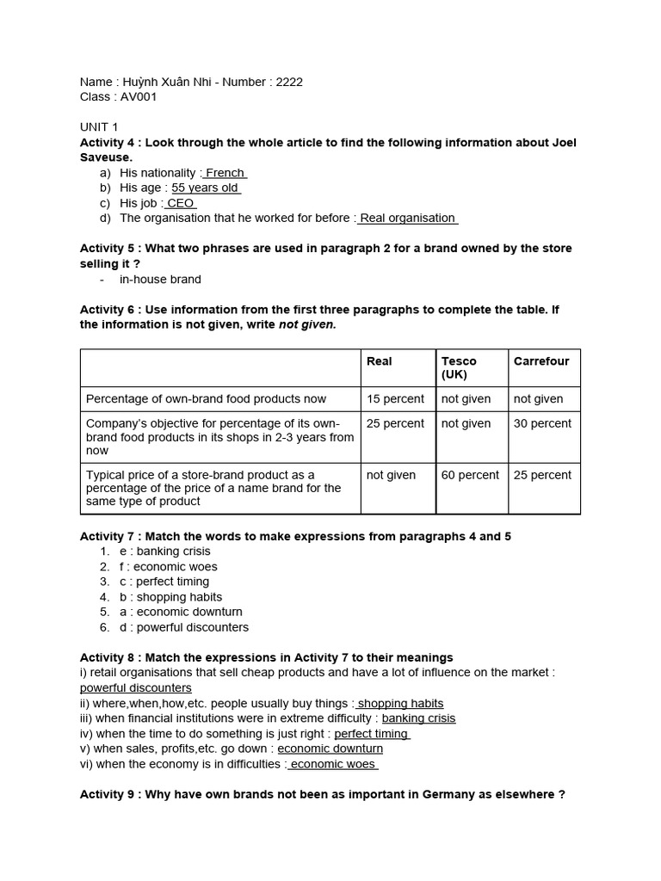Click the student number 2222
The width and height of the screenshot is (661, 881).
(x=289, y=82)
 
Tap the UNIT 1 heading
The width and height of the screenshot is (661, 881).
(x=99, y=127)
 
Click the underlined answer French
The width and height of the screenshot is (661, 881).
(x=225, y=173)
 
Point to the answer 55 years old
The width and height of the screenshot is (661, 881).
(x=205, y=188)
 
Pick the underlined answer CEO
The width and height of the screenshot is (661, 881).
(x=180, y=203)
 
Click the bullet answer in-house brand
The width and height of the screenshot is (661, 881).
(x=160, y=279)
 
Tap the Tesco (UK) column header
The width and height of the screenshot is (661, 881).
(x=459, y=367)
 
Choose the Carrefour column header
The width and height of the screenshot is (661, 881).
(x=541, y=361)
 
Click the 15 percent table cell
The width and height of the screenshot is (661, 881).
(x=395, y=399)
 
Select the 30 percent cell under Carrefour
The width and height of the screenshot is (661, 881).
(x=542, y=423)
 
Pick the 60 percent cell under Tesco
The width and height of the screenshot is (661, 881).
(x=470, y=475)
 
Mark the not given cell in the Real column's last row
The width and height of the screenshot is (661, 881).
(x=391, y=475)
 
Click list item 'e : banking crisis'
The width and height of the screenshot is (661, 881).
(x=164, y=551)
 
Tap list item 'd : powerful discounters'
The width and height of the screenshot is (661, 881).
(x=183, y=627)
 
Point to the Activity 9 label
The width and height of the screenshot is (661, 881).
(x=109, y=794)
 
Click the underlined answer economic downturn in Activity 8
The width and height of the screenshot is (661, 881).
(x=330, y=749)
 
